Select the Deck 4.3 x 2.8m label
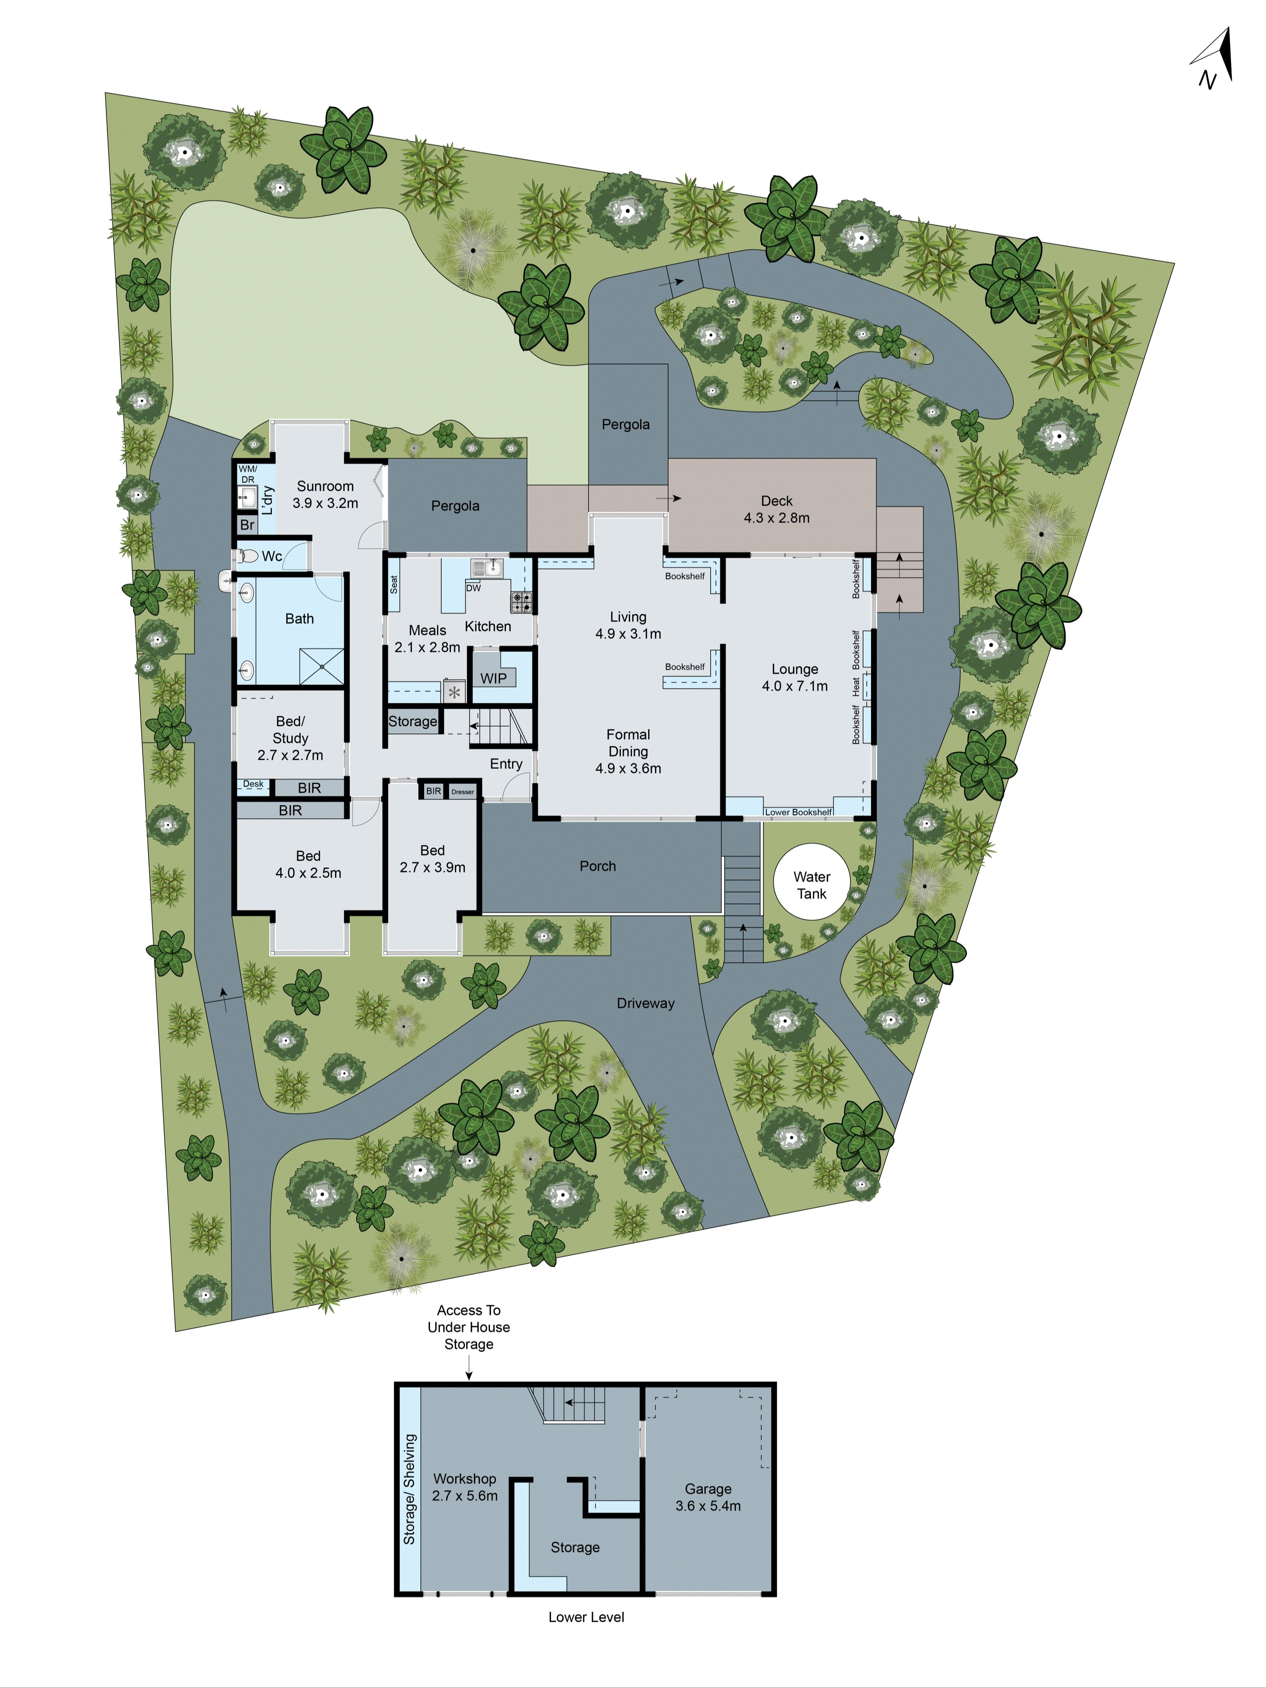[777, 509]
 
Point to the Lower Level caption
[586, 1616]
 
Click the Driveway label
[646, 1003]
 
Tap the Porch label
[598, 865]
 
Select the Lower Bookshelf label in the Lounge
[798, 812]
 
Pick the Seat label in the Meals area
[394, 585]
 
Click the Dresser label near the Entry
[463, 791]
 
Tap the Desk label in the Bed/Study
[253, 784]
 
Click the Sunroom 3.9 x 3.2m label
[325, 494]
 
